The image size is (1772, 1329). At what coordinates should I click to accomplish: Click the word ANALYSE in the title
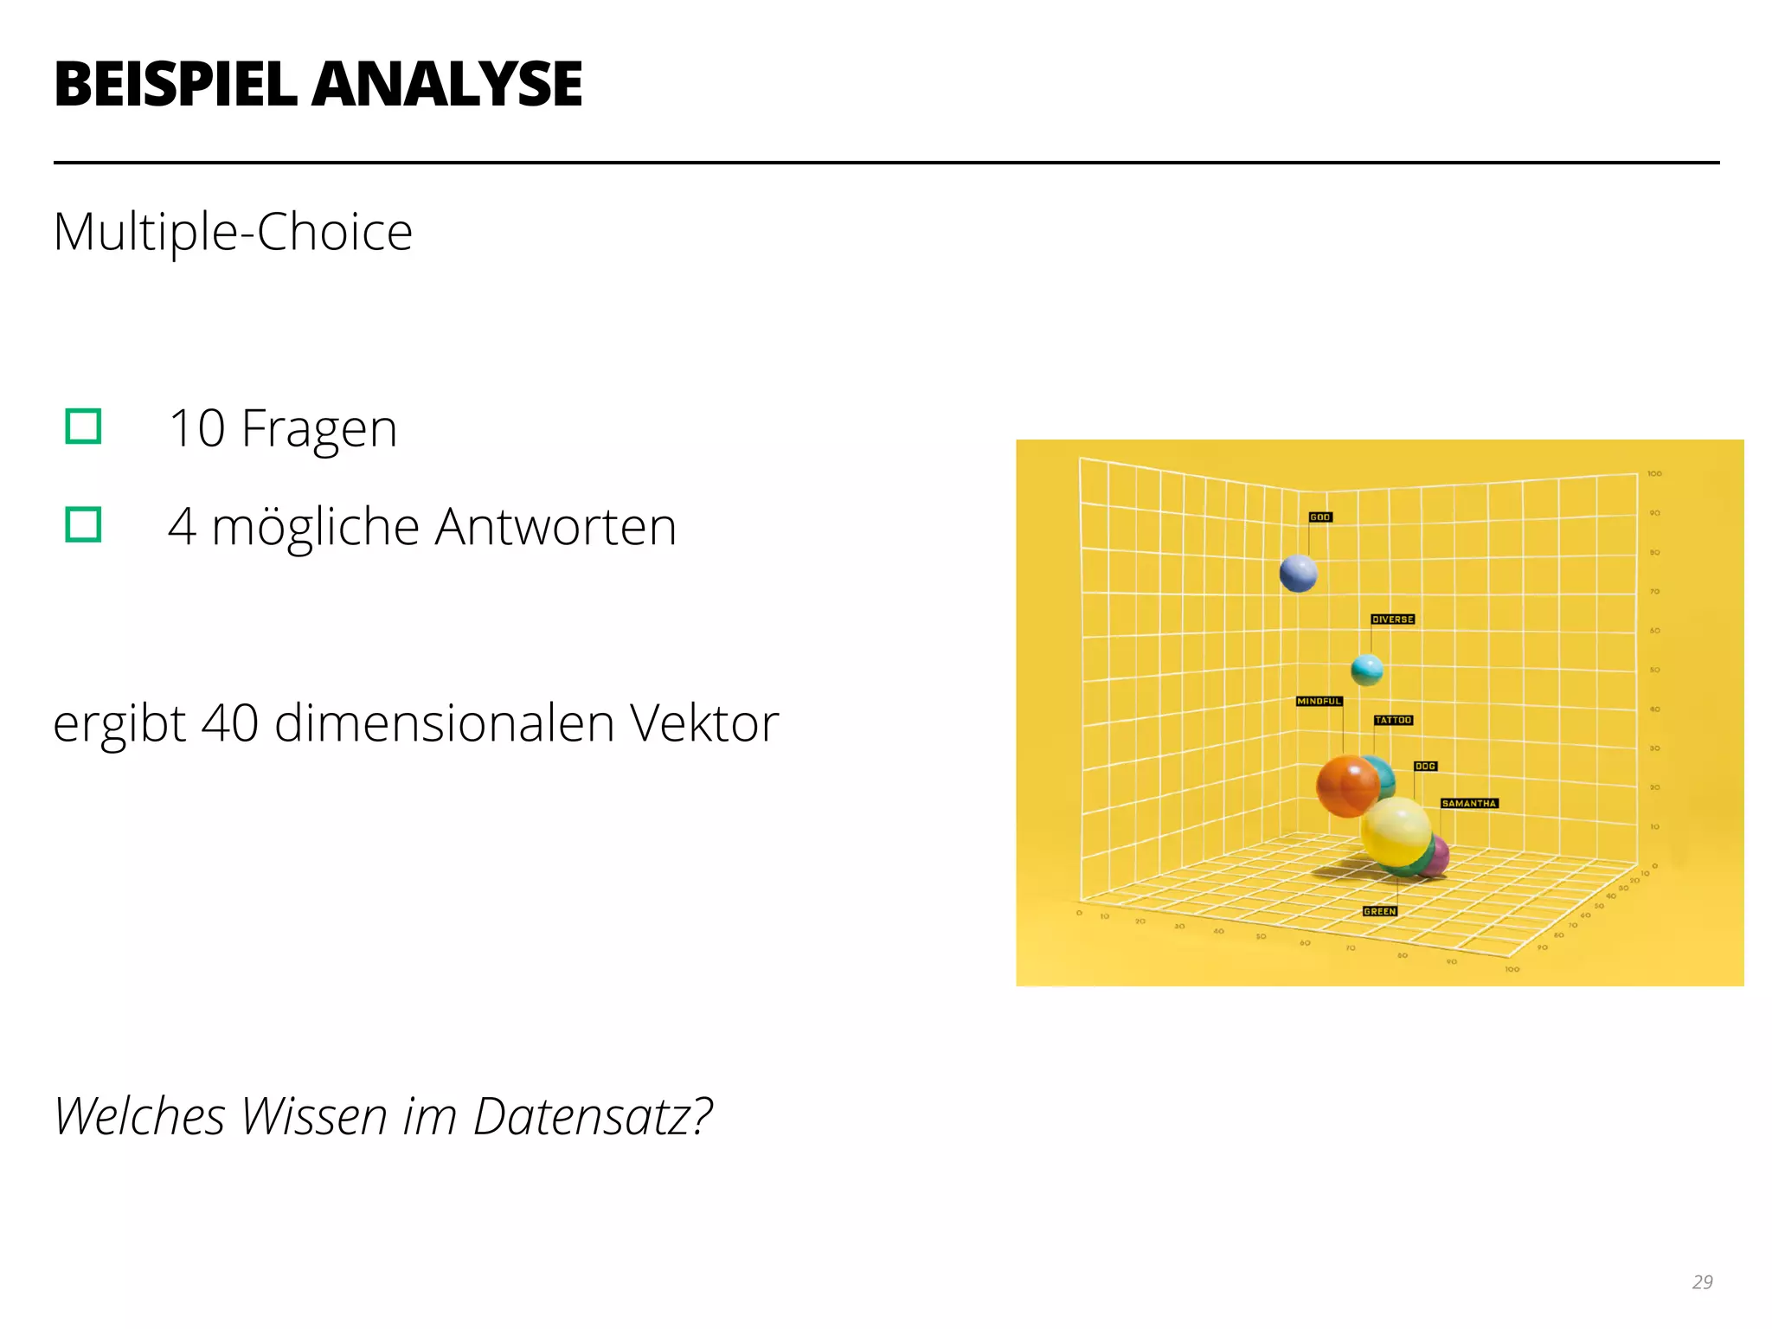447,85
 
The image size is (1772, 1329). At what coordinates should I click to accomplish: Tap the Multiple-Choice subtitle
233,232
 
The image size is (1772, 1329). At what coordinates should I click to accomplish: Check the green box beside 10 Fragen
84,427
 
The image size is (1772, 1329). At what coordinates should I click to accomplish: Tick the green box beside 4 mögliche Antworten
84,524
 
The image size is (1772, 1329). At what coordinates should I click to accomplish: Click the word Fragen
318,428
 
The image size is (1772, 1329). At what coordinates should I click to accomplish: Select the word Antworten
555,526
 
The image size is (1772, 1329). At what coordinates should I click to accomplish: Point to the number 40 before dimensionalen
229,723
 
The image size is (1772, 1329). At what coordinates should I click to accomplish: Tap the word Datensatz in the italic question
592,1116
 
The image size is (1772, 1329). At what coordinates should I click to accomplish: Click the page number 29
1702,1281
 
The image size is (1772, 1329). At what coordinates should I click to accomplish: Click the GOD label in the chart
1319,517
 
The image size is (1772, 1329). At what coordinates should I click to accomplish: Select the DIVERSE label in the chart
1392,620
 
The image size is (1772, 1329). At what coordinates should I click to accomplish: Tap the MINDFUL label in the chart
1319,701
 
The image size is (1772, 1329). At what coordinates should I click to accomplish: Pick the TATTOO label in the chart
1393,720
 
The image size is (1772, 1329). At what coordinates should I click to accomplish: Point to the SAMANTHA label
1468,804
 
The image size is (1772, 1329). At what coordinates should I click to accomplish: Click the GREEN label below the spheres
1379,911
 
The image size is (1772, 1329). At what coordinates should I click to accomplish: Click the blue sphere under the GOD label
1298,573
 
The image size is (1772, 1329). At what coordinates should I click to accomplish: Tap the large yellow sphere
1395,831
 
